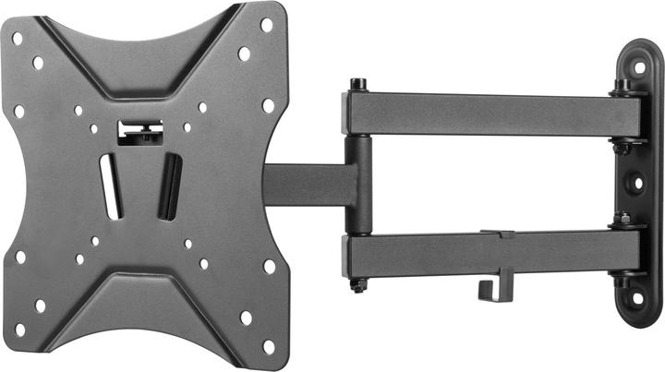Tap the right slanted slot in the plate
pos(169,188)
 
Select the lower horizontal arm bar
pos(480,251)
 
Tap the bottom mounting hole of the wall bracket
pos(638,301)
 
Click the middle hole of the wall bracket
pos(637,182)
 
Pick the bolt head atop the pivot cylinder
pos(357,84)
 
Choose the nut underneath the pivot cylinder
pos(357,285)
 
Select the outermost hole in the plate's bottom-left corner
pos(19,330)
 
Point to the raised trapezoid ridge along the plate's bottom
pos(143,309)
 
